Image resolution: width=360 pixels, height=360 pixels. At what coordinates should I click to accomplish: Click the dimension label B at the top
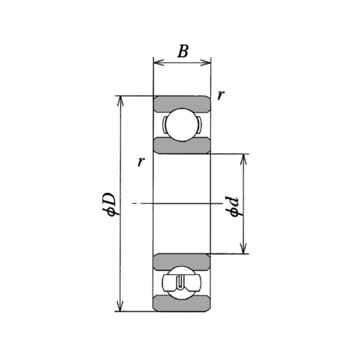182,51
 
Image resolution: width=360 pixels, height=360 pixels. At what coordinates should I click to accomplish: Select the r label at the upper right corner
220,95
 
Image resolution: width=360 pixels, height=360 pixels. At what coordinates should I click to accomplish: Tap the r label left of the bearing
141,162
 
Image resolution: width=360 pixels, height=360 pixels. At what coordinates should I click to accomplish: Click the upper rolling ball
182,125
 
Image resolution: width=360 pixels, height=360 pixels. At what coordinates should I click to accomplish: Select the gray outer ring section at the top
182,102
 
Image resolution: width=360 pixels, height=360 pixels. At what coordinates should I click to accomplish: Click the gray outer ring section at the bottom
182,304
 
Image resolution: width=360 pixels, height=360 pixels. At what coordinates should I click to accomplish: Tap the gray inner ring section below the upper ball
182,146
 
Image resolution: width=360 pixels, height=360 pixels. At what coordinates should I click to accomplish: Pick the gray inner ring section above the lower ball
182,260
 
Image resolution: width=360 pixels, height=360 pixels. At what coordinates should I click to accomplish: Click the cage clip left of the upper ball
164,125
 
